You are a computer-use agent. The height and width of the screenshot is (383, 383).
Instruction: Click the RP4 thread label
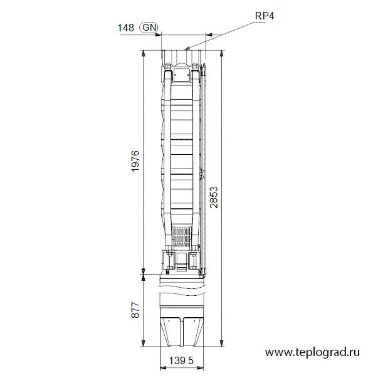click(265, 16)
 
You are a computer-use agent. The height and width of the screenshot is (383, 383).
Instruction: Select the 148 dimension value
click(126, 28)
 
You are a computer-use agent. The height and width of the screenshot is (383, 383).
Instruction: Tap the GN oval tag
click(149, 28)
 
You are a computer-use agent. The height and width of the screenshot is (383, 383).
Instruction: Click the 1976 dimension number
click(135, 161)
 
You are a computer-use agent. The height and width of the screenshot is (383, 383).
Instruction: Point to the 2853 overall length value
click(214, 197)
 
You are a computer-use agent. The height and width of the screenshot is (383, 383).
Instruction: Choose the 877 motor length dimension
click(135, 310)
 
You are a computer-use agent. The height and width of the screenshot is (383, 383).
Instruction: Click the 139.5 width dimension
click(181, 360)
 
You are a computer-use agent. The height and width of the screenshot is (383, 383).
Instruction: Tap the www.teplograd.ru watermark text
click(312, 352)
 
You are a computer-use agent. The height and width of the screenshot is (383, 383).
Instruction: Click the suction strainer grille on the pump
click(182, 237)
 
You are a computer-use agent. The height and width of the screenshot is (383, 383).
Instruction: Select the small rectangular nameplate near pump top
click(182, 75)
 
